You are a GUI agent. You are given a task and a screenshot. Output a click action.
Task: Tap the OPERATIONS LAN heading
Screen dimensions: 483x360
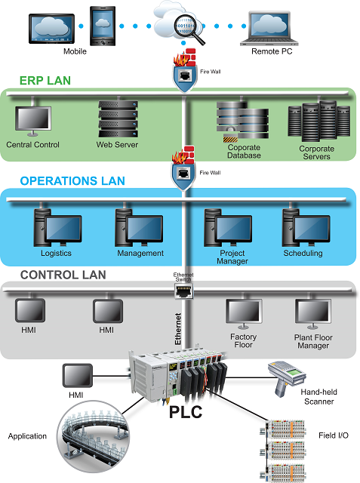(72, 181)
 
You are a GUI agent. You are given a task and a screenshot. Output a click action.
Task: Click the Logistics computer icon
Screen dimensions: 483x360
(55, 226)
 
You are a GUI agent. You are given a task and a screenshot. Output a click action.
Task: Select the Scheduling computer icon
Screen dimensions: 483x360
(302, 226)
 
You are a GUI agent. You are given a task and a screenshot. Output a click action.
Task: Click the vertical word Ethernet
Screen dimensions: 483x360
(179, 328)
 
